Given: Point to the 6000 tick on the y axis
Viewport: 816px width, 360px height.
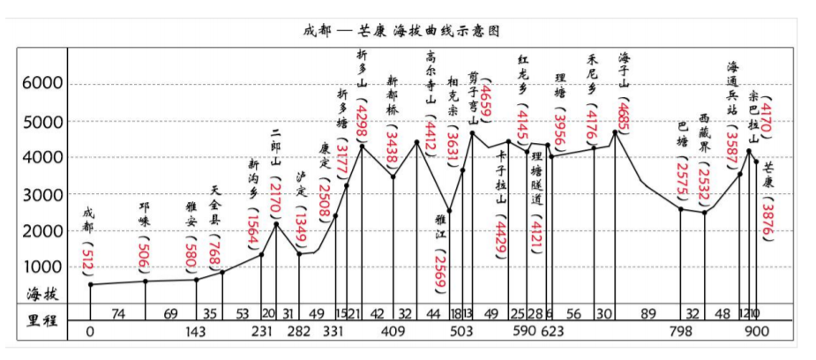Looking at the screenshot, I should click(37, 84).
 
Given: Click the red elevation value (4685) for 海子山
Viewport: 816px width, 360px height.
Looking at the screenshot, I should click(623, 114).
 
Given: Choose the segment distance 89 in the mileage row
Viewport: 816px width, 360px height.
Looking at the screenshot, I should click(648, 313).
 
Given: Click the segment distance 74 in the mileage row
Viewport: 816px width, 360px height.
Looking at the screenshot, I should click(118, 313).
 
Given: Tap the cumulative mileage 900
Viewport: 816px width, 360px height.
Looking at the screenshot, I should click(756, 333).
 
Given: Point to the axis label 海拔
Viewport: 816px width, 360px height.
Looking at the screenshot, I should click(42, 294).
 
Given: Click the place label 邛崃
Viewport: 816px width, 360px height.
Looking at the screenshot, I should click(144, 215).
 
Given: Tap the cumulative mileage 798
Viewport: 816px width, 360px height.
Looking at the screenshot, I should click(679, 333).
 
